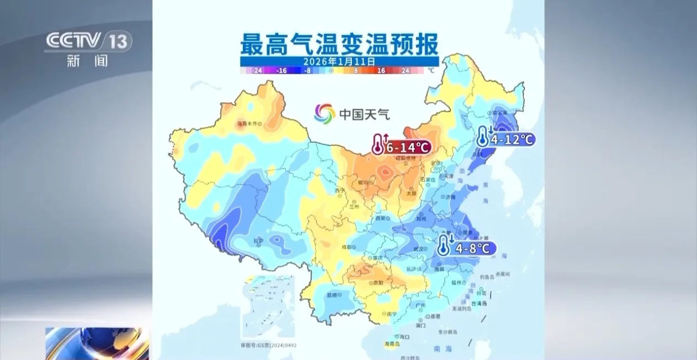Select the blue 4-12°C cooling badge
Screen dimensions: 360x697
[506, 139]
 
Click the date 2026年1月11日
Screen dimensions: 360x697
[339, 61]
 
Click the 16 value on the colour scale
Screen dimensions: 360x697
[381, 71]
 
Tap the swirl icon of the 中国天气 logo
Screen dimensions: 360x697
[325, 114]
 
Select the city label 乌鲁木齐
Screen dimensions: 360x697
[247, 124]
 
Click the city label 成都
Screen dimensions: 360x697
[346, 247]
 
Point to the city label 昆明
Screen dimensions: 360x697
[332, 295]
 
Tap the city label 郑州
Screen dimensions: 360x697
[422, 218]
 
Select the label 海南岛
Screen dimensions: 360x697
[393, 344]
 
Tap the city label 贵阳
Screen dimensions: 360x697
[378, 283]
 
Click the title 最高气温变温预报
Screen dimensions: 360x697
[339, 43]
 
